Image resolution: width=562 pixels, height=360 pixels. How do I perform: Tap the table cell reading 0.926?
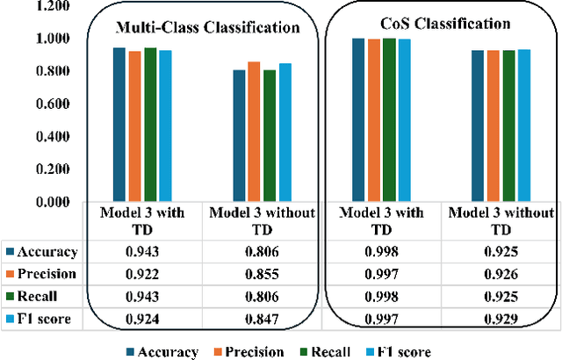tap(499, 273)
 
